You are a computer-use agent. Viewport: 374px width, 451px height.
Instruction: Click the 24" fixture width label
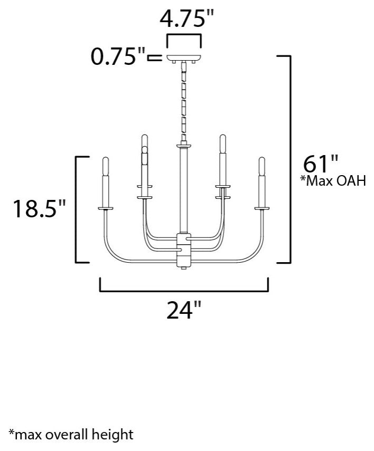click(184, 311)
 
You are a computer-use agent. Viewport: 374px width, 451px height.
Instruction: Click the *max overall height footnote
click(71, 435)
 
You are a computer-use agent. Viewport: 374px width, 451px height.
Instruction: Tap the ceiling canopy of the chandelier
click(184, 57)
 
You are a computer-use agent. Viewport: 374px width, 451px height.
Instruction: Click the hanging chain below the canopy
click(184, 100)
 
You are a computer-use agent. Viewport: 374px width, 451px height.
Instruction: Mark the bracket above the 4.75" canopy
click(184, 38)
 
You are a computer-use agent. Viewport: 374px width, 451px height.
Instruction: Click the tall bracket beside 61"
click(289, 158)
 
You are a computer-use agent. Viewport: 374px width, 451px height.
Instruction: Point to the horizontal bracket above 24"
click(184, 288)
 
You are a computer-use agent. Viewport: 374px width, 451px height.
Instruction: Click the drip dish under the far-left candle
click(106, 209)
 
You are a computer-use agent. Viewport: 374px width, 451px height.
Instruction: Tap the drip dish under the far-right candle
click(261, 209)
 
